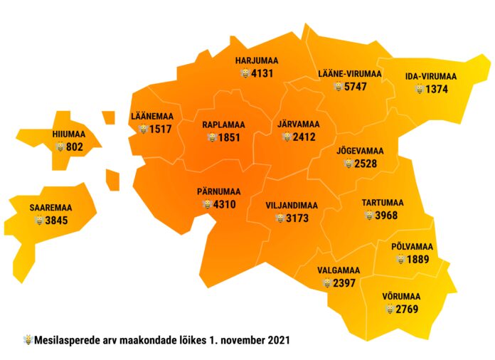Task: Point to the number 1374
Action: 437,90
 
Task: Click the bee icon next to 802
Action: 60,147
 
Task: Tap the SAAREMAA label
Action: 51,208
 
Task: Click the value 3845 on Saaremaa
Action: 56,221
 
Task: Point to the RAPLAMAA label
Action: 223,125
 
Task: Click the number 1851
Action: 230,137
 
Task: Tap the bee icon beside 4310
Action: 206,205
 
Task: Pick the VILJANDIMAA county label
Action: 292,205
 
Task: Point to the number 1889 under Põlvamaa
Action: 418,260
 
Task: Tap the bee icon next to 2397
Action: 326,283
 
